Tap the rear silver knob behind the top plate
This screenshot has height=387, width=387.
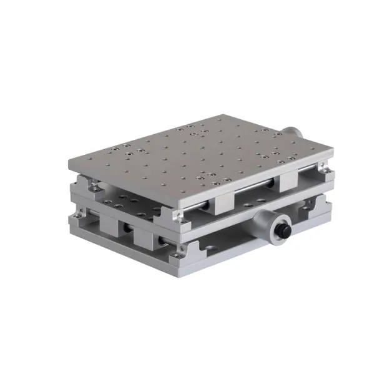[x=293, y=133]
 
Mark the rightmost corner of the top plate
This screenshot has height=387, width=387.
[x=333, y=152]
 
